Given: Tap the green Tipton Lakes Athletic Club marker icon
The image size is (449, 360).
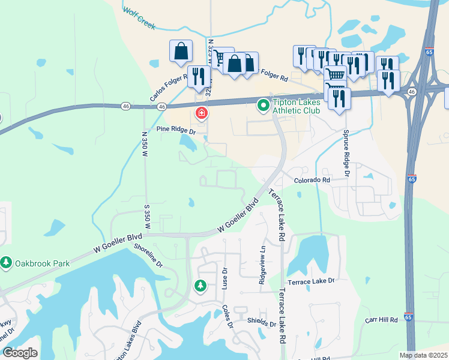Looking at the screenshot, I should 263,106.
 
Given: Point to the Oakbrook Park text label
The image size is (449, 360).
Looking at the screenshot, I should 43,263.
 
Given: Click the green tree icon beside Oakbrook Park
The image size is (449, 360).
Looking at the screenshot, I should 6,263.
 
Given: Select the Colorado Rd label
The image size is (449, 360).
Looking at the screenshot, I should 312,180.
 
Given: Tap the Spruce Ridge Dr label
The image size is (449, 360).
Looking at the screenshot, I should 346,152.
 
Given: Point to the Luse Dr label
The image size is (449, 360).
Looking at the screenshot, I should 225,280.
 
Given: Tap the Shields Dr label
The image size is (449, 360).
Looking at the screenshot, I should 261,322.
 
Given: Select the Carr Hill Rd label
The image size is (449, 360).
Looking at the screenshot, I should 381,320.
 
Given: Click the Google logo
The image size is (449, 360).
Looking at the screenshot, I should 20,353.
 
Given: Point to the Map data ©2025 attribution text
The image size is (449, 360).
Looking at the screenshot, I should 423,355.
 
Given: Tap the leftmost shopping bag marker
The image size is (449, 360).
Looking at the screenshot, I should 181,52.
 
